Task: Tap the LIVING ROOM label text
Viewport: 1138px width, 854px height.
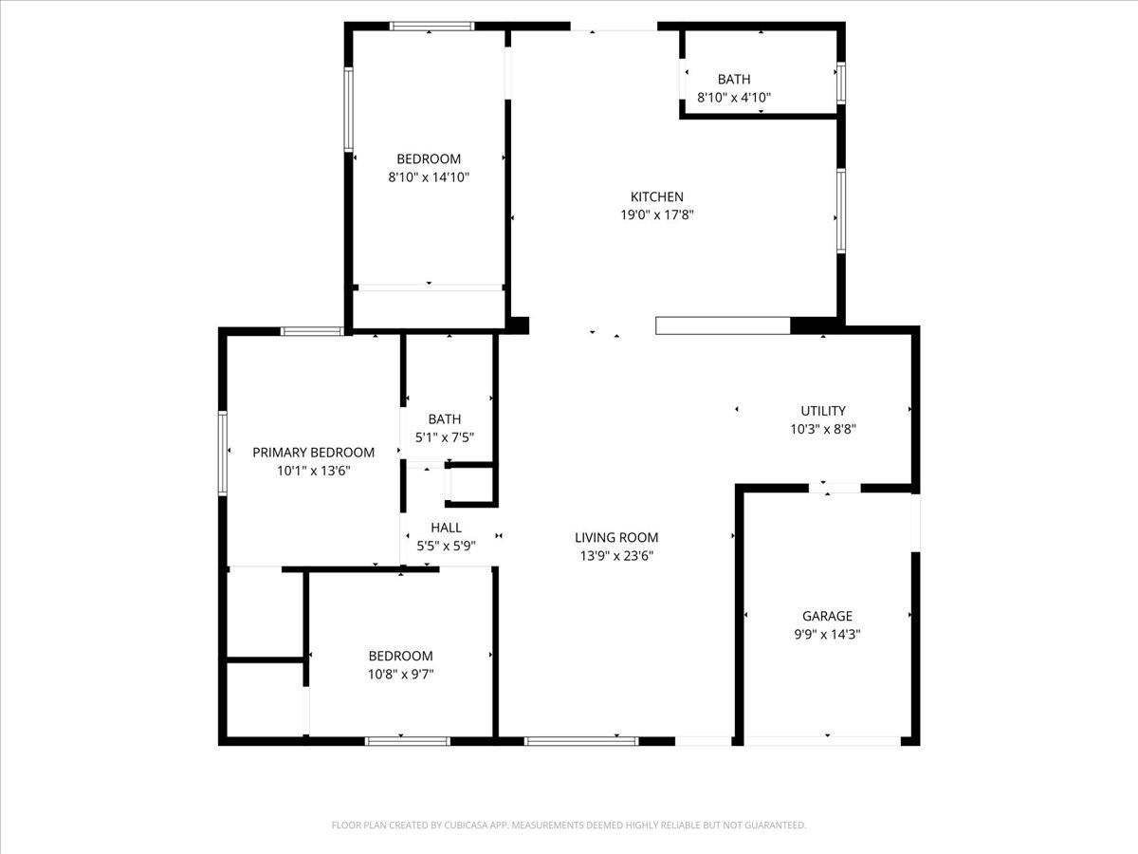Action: point(616,537)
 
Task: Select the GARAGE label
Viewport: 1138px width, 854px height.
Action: point(827,616)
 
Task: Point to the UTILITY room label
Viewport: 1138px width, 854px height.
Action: point(822,411)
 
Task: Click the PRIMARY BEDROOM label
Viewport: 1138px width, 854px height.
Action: point(313,453)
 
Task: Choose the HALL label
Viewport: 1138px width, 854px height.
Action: point(446,528)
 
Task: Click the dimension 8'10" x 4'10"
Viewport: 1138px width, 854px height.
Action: point(734,97)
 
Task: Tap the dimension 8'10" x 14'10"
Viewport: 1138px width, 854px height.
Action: point(429,176)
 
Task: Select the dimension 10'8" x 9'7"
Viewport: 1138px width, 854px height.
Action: point(400,674)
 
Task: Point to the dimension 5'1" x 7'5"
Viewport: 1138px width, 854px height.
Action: point(444,437)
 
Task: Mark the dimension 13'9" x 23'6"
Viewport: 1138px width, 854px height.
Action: point(616,555)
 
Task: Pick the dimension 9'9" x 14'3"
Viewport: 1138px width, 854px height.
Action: point(827,634)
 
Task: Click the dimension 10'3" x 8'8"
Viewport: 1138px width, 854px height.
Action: point(822,429)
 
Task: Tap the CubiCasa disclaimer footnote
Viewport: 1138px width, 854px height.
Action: point(569,826)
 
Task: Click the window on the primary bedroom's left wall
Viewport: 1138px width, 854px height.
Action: point(224,453)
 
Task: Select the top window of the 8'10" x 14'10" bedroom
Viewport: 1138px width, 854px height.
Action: point(432,27)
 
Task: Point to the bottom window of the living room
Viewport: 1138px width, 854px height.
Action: point(581,740)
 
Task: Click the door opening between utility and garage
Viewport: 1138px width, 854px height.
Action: point(835,489)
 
